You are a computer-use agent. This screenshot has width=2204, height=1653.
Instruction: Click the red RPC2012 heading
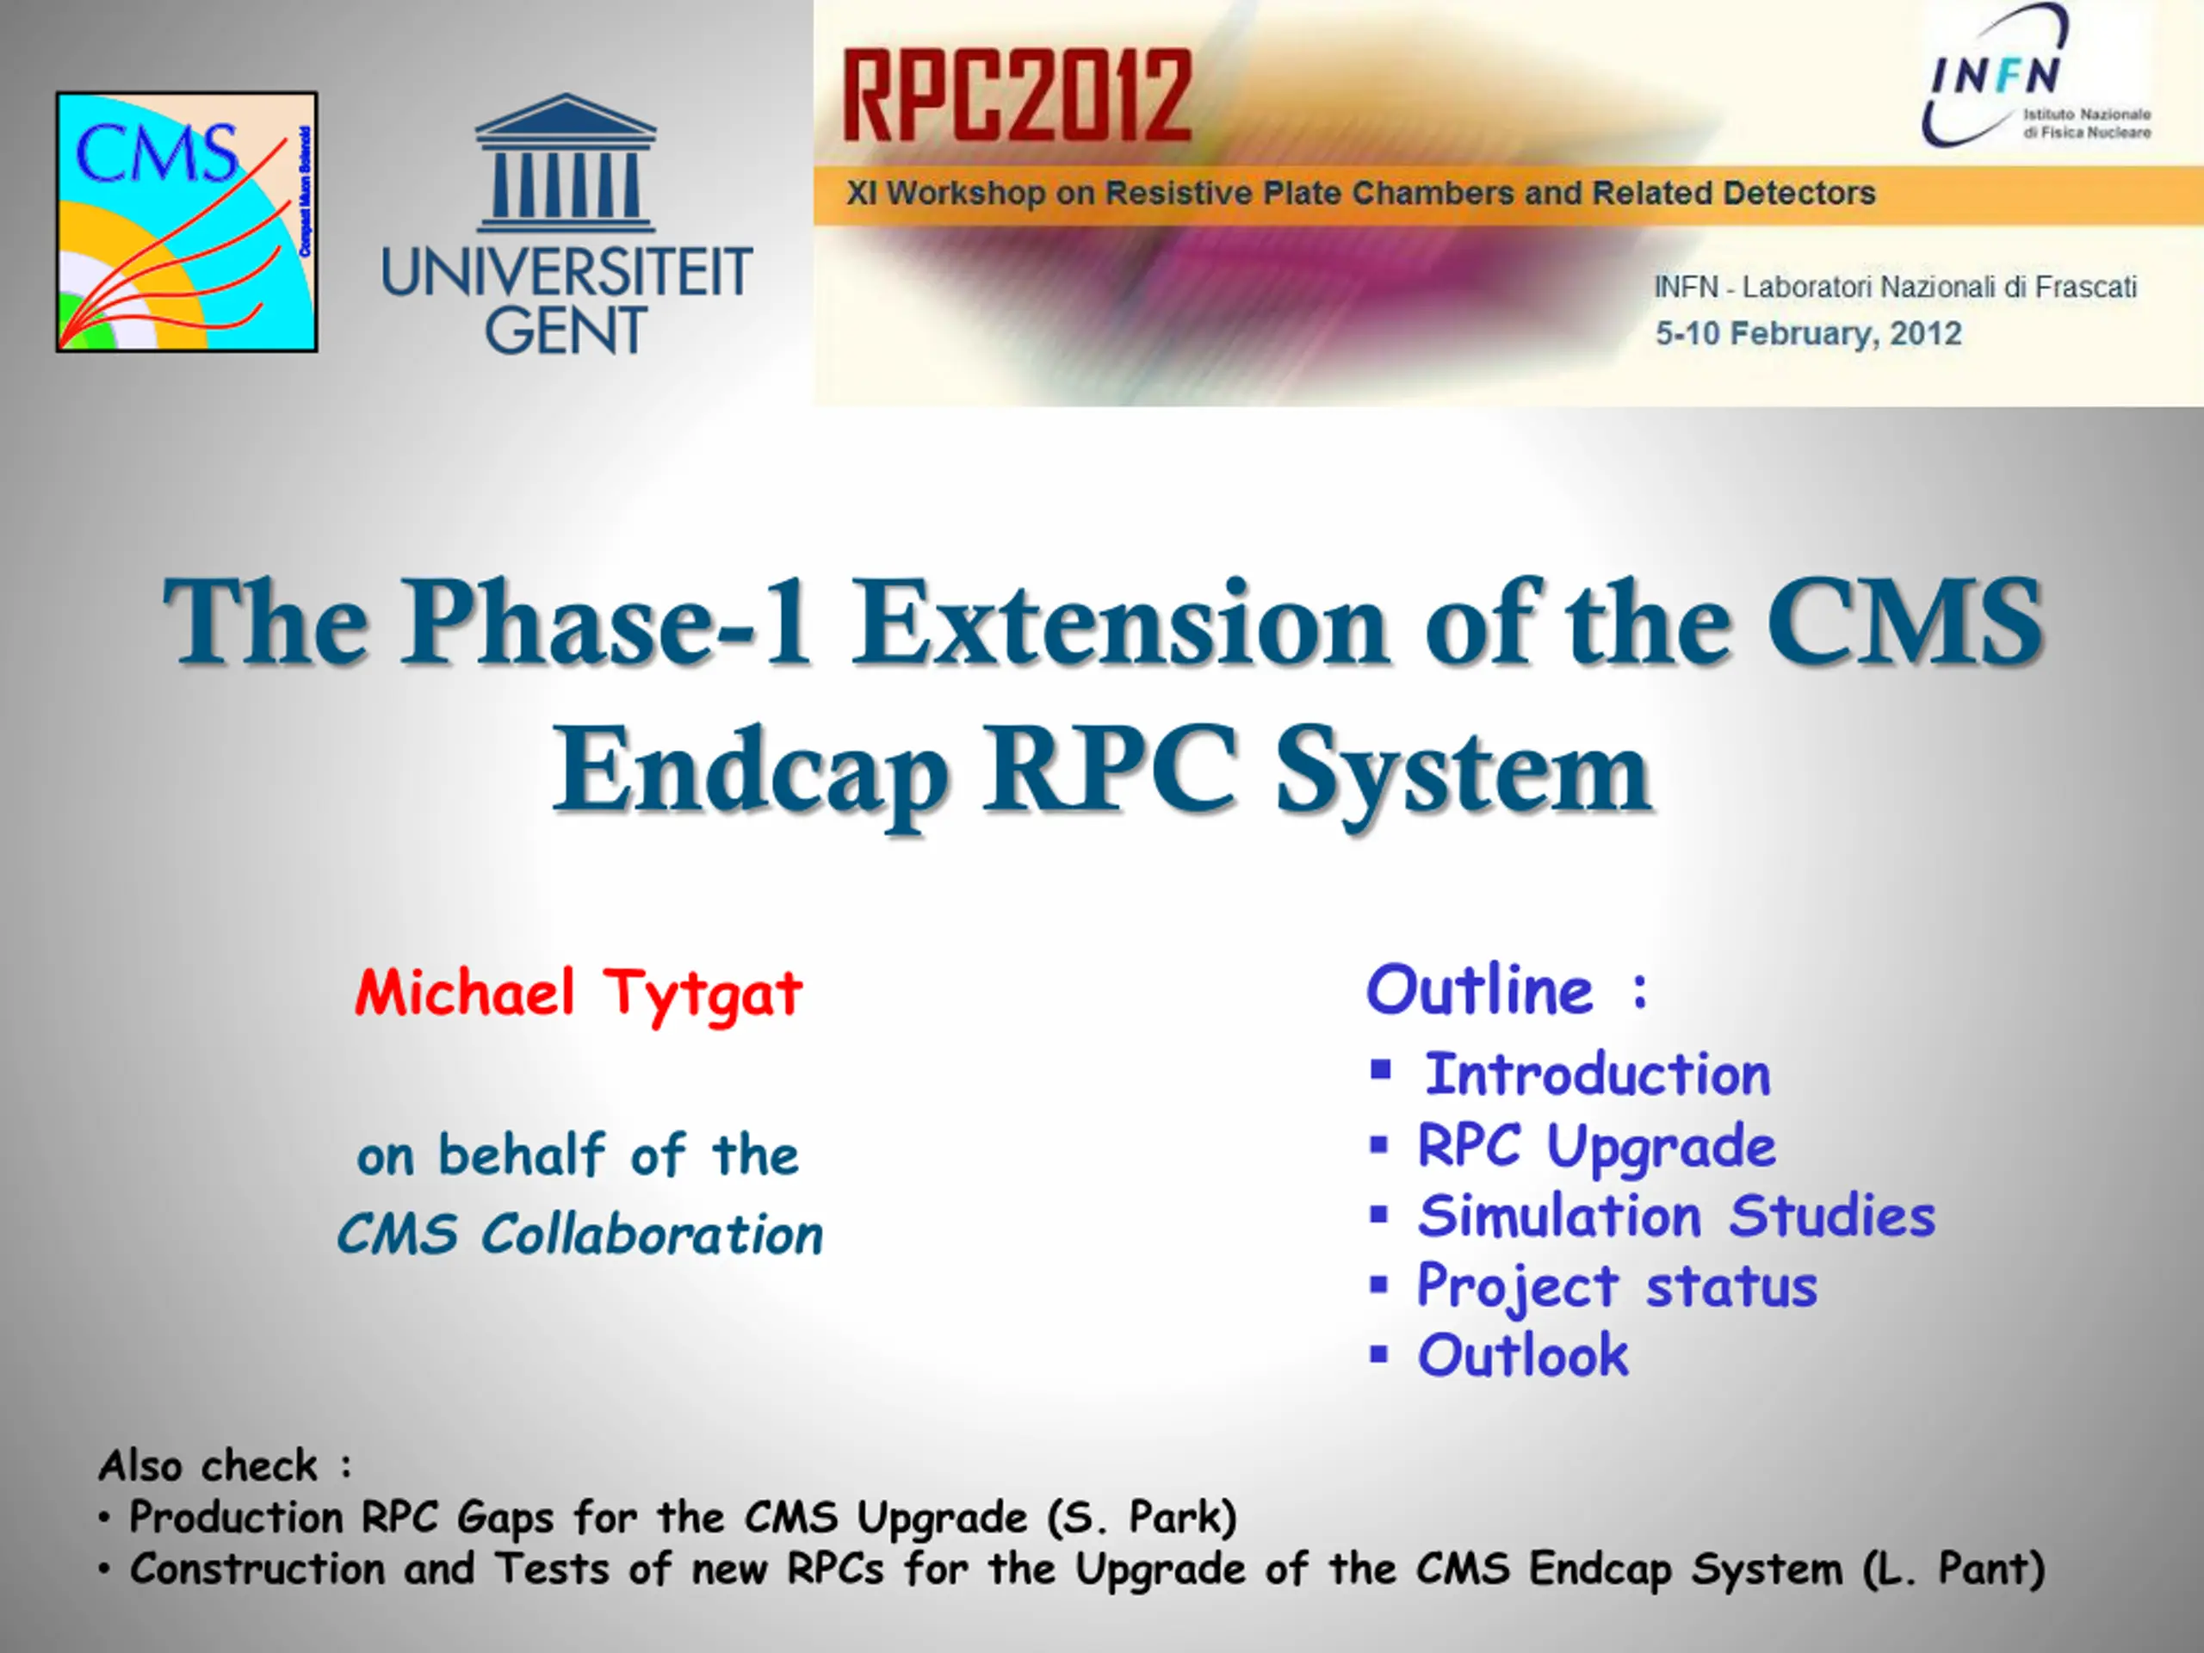tap(1018, 96)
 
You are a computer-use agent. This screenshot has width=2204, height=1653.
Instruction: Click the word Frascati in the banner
tap(2085, 287)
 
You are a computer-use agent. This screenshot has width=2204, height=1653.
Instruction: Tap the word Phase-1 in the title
tap(606, 622)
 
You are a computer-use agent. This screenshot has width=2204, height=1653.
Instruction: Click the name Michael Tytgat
tap(579, 993)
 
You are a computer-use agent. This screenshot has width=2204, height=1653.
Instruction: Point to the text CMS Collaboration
tap(580, 1234)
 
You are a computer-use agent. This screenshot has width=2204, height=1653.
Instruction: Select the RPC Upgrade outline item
tap(1597, 1146)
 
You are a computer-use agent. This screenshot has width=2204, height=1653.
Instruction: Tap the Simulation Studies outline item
tap(1677, 1215)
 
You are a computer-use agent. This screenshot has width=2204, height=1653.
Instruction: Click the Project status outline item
tap(1617, 1286)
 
